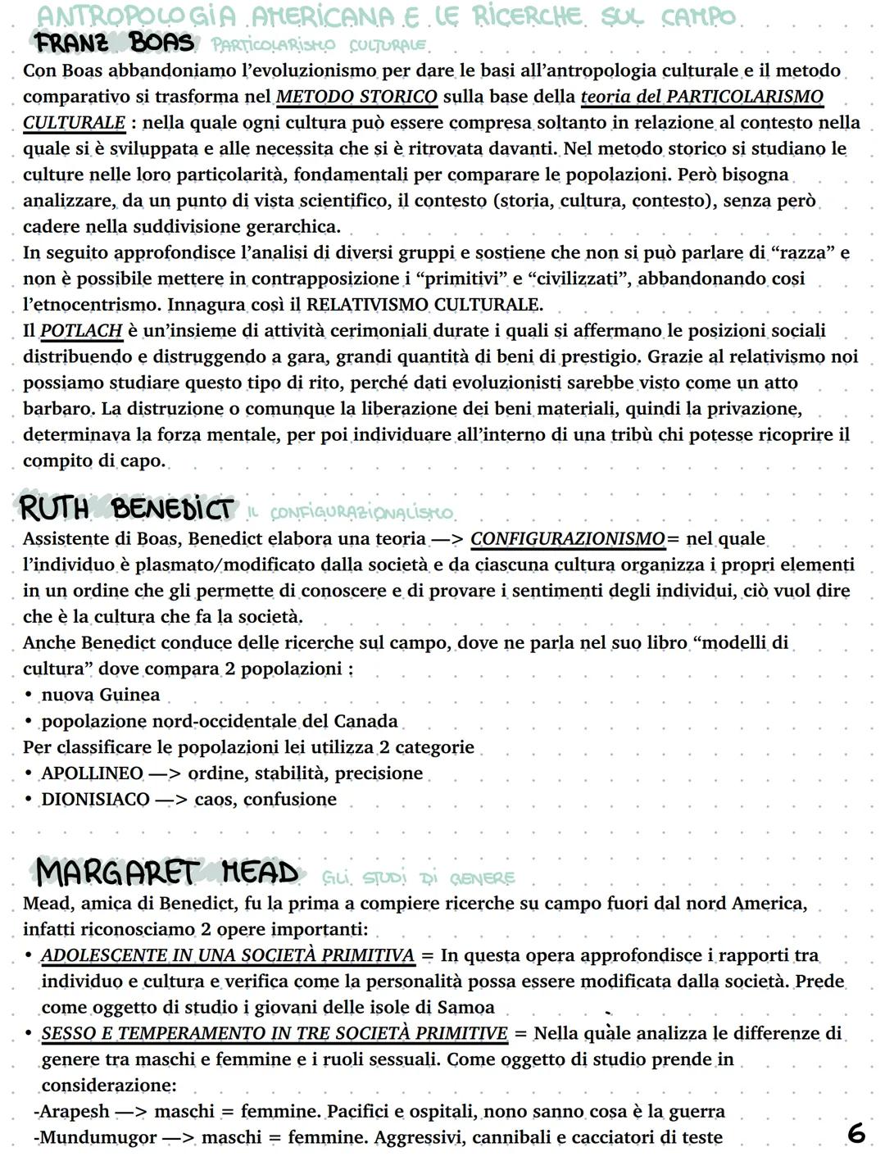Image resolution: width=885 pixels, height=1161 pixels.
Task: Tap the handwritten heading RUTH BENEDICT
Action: [x=126, y=509]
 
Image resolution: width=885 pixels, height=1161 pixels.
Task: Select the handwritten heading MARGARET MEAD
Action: [x=167, y=873]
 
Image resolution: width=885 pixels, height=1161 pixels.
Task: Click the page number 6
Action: [x=855, y=1133]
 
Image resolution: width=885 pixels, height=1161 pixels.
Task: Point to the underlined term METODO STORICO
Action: [x=356, y=97]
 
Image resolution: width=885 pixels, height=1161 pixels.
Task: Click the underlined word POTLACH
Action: [x=81, y=331]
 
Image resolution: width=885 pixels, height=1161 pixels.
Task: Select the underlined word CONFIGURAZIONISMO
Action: [x=568, y=539]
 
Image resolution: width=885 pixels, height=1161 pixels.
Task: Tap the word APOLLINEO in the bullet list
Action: [x=93, y=773]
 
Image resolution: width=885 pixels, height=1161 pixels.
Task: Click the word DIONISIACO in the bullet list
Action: [x=95, y=800]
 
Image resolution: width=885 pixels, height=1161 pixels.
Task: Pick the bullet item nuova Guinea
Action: [x=100, y=696]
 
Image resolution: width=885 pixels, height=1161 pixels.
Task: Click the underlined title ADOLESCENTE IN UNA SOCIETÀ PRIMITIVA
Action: [x=228, y=955]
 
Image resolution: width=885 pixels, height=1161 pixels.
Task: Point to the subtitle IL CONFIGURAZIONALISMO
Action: [x=350, y=513]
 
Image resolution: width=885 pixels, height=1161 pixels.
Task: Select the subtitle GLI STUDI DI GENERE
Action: [x=419, y=878]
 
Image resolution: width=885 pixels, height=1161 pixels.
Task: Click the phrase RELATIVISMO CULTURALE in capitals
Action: [x=424, y=305]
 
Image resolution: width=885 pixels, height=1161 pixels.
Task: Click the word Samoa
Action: [x=466, y=1008]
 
